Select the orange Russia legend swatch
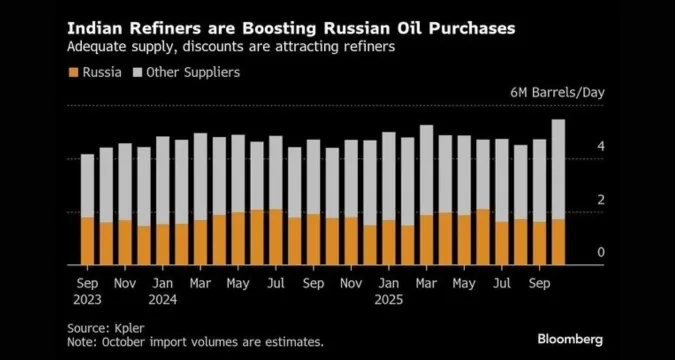pyautogui.click(x=72, y=72)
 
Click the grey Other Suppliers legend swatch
pyautogui.click(x=137, y=72)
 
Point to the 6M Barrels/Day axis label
pyautogui.click(x=558, y=93)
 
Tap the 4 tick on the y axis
pyautogui.click(x=600, y=147)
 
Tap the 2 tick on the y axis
pyautogui.click(x=600, y=200)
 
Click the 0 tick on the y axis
pyautogui.click(x=600, y=253)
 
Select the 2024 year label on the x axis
pyautogui.click(x=163, y=299)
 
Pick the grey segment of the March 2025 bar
pyautogui.click(x=426, y=170)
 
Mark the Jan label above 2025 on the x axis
pyautogui.click(x=387, y=283)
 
